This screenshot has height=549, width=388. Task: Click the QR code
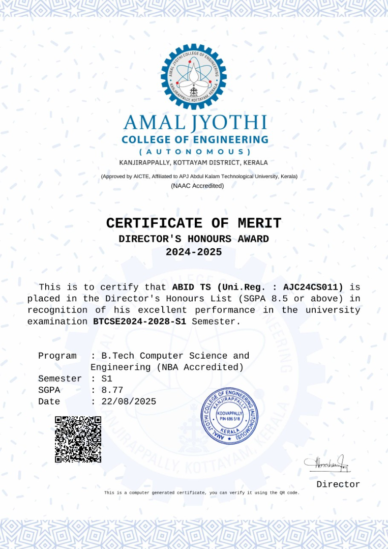pyautogui.click(x=78, y=439)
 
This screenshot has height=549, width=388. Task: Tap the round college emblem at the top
pyautogui.click(x=193, y=76)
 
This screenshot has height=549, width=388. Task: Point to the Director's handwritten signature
pyautogui.click(x=327, y=463)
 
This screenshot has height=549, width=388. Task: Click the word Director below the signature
pyautogui.click(x=338, y=484)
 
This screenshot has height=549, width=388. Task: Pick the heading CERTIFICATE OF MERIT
pyautogui.click(x=194, y=223)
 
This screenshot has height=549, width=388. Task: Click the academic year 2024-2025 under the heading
pyautogui.click(x=194, y=252)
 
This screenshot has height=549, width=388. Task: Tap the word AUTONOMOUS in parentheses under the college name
pyautogui.click(x=195, y=152)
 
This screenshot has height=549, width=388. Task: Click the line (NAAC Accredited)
pyautogui.click(x=197, y=186)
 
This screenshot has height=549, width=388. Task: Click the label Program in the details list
pyautogui.click(x=57, y=356)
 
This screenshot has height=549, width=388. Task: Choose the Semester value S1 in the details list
pyautogui.click(x=107, y=379)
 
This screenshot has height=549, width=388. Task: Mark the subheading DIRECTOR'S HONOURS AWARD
pyautogui.click(x=194, y=239)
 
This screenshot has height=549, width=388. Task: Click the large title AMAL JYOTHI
pyautogui.click(x=195, y=123)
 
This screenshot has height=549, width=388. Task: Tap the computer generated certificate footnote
pyautogui.click(x=202, y=493)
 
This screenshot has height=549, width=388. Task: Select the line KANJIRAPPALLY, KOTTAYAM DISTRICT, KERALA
pyautogui.click(x=193, y=163)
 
